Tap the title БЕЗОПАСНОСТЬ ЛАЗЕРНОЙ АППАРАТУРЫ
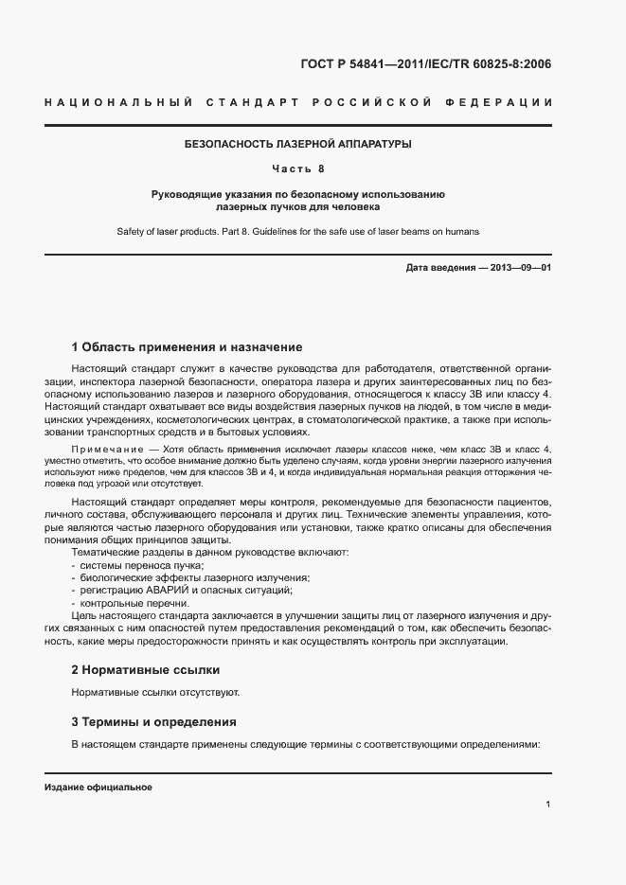point(298,145)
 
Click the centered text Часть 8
point(298,169)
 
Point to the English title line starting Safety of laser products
point(298,231)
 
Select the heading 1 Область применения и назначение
point(188,347)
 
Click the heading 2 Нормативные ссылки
point(146,669)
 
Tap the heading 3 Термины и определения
point(154,722)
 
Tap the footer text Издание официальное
point(98,788)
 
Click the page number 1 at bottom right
point(548,805)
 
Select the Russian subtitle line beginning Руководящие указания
point(298,194)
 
